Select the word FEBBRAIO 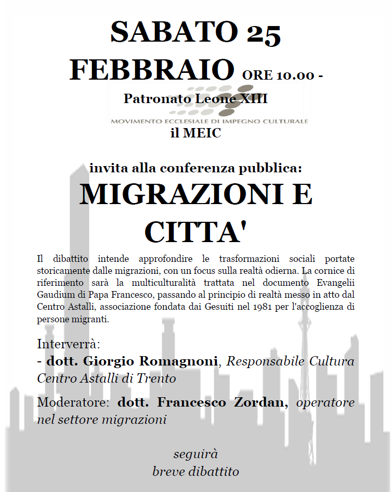coord(151,70)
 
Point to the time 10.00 coord(295,75)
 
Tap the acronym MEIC coord(203,133)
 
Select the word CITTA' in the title coord(195,232)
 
